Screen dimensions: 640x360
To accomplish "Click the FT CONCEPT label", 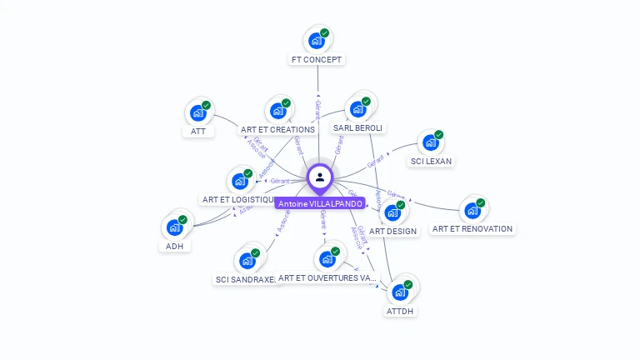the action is [317, 60].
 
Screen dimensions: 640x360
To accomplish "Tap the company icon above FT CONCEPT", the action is [317, 40].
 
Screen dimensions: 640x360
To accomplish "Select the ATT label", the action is [197, 131].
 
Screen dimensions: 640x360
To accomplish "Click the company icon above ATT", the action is [198, 112].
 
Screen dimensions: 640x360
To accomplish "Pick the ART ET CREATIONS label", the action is [277, 130].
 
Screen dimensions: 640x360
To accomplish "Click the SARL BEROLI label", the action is [357, 128].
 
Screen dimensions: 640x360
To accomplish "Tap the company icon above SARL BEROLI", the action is [358, 108].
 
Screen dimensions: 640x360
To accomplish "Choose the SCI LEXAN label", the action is [431, 161].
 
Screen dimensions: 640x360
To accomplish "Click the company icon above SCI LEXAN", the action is [431, 142].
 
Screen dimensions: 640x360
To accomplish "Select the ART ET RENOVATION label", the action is [472, 228].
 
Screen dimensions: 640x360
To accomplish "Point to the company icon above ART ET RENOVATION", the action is [472, 210].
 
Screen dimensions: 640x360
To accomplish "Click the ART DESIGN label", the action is [392, 232].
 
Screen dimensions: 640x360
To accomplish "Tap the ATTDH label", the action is [400, 311].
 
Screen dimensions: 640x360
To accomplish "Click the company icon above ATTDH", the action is [400, 292].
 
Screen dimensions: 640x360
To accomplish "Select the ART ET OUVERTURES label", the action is [327, 277].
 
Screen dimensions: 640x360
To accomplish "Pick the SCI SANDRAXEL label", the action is [245, 280].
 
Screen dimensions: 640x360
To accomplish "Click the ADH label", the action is [174, 246].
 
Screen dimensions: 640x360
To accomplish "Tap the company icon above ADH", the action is [174, 227].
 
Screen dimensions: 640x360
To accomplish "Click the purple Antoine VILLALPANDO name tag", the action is [320, 203].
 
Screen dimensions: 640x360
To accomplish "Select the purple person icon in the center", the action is [320, 177].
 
